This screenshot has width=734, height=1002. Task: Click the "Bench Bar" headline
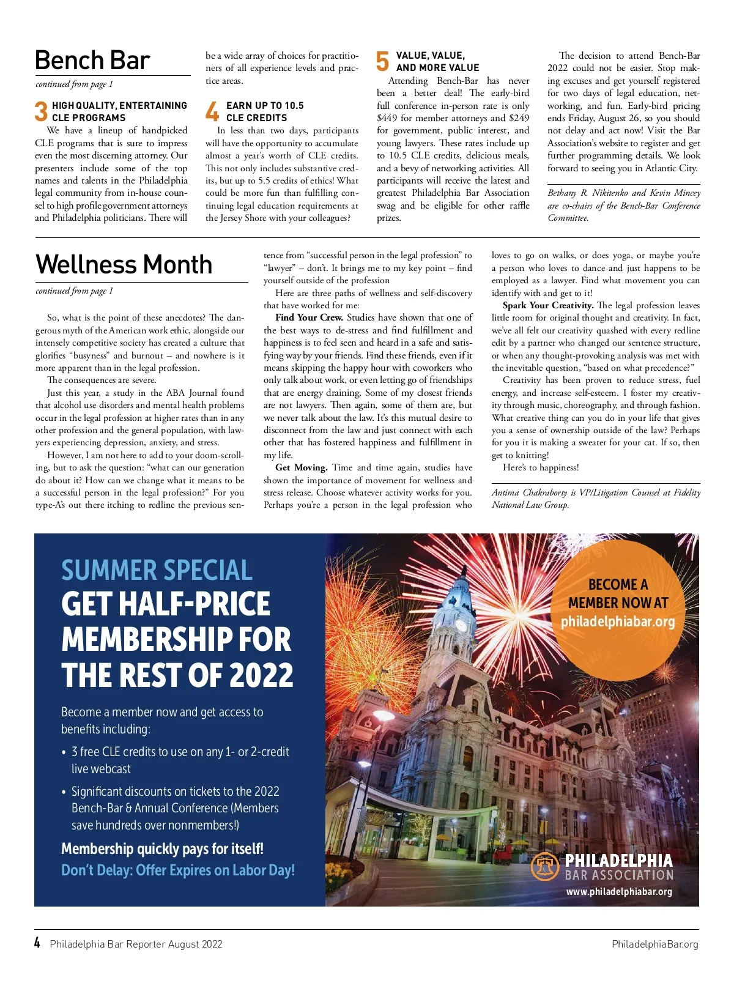click(x=92, y=60)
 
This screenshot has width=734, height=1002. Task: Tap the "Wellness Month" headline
click(x=124, y=264)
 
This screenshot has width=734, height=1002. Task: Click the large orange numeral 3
click(x=41, y=112)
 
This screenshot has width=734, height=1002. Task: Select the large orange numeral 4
click(x=212, y=112)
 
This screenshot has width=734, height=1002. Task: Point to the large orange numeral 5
click(x=382, y=62)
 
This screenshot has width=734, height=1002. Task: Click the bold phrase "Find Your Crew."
click(x=309, y=317)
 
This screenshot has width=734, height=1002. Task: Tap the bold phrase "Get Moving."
click(x=302, y=467)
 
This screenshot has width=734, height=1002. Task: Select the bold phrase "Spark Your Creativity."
click(x=548, y=305)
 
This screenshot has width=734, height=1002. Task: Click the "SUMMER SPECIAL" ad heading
click(x=157, y=570)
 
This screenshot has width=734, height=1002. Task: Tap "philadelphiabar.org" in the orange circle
click(x=618, y=622)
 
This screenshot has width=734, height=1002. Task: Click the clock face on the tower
click(x=461, y=624)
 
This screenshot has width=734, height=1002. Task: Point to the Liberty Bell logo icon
click(x=544, y=867)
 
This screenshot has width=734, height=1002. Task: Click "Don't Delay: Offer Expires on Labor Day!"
click(x=178, y=870)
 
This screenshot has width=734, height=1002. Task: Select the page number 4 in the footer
click(x=37, y=943)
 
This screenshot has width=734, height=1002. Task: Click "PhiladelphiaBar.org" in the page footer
click(x=654, y=944)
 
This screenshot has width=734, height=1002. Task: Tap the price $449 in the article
click(x=387, y=118)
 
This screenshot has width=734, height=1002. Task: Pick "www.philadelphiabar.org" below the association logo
click(x=619, y=892)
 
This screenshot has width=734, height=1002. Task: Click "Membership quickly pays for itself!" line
click(x=162, y=848)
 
